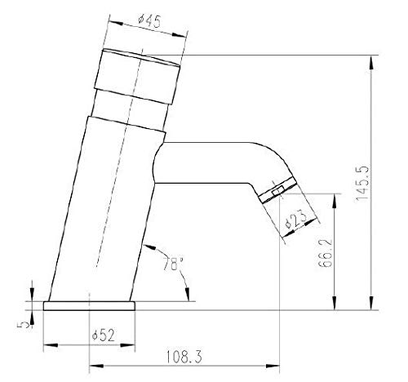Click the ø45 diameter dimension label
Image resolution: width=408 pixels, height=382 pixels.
click(149, 21)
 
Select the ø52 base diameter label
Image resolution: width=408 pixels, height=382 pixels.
click(104, 335)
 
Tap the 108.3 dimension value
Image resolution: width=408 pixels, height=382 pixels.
click(184, 357)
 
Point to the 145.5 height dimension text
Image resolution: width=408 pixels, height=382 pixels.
click(362, 184)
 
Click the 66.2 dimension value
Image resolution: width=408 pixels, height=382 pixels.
click(326, 253)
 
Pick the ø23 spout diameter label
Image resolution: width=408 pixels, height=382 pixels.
click(295, 220)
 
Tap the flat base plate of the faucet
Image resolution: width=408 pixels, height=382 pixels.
click(89, 306)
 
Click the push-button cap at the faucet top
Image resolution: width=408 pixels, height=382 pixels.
click(137, 76)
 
